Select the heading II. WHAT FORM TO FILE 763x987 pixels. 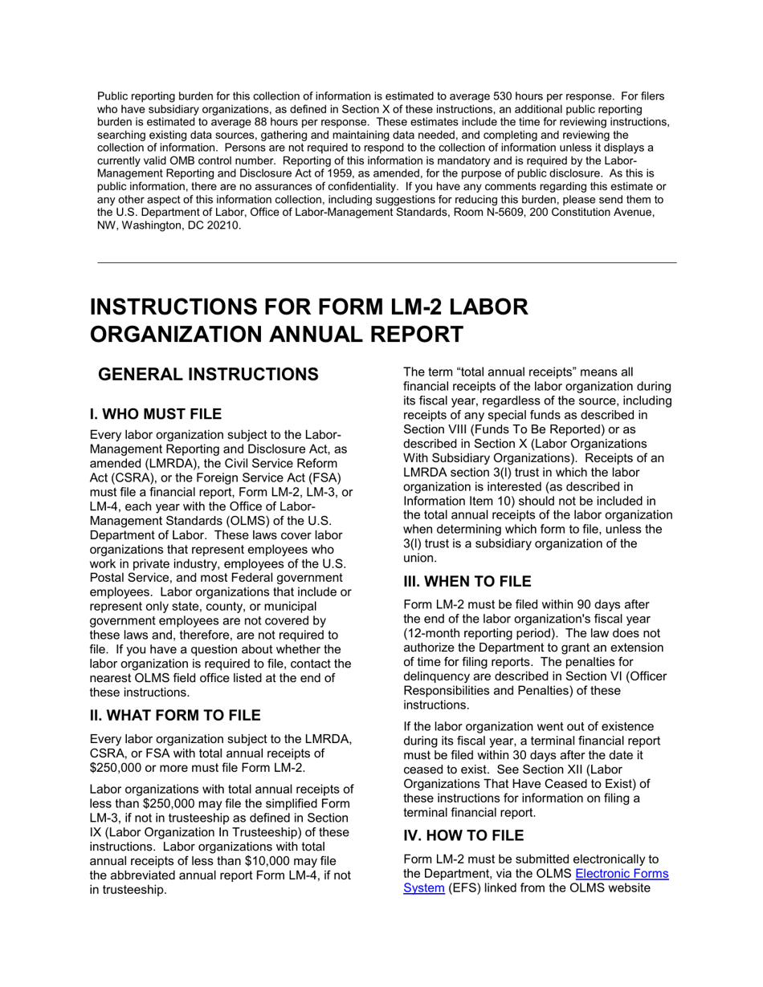(x=175, y=715)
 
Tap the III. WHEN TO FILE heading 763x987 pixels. (x=467, y=582)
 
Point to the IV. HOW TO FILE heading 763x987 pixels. (x=463, y=835)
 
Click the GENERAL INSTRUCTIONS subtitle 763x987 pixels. (x=207, y=375)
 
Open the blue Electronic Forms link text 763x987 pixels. (x=622, y=874)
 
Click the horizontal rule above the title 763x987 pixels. (x=387, y=262)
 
